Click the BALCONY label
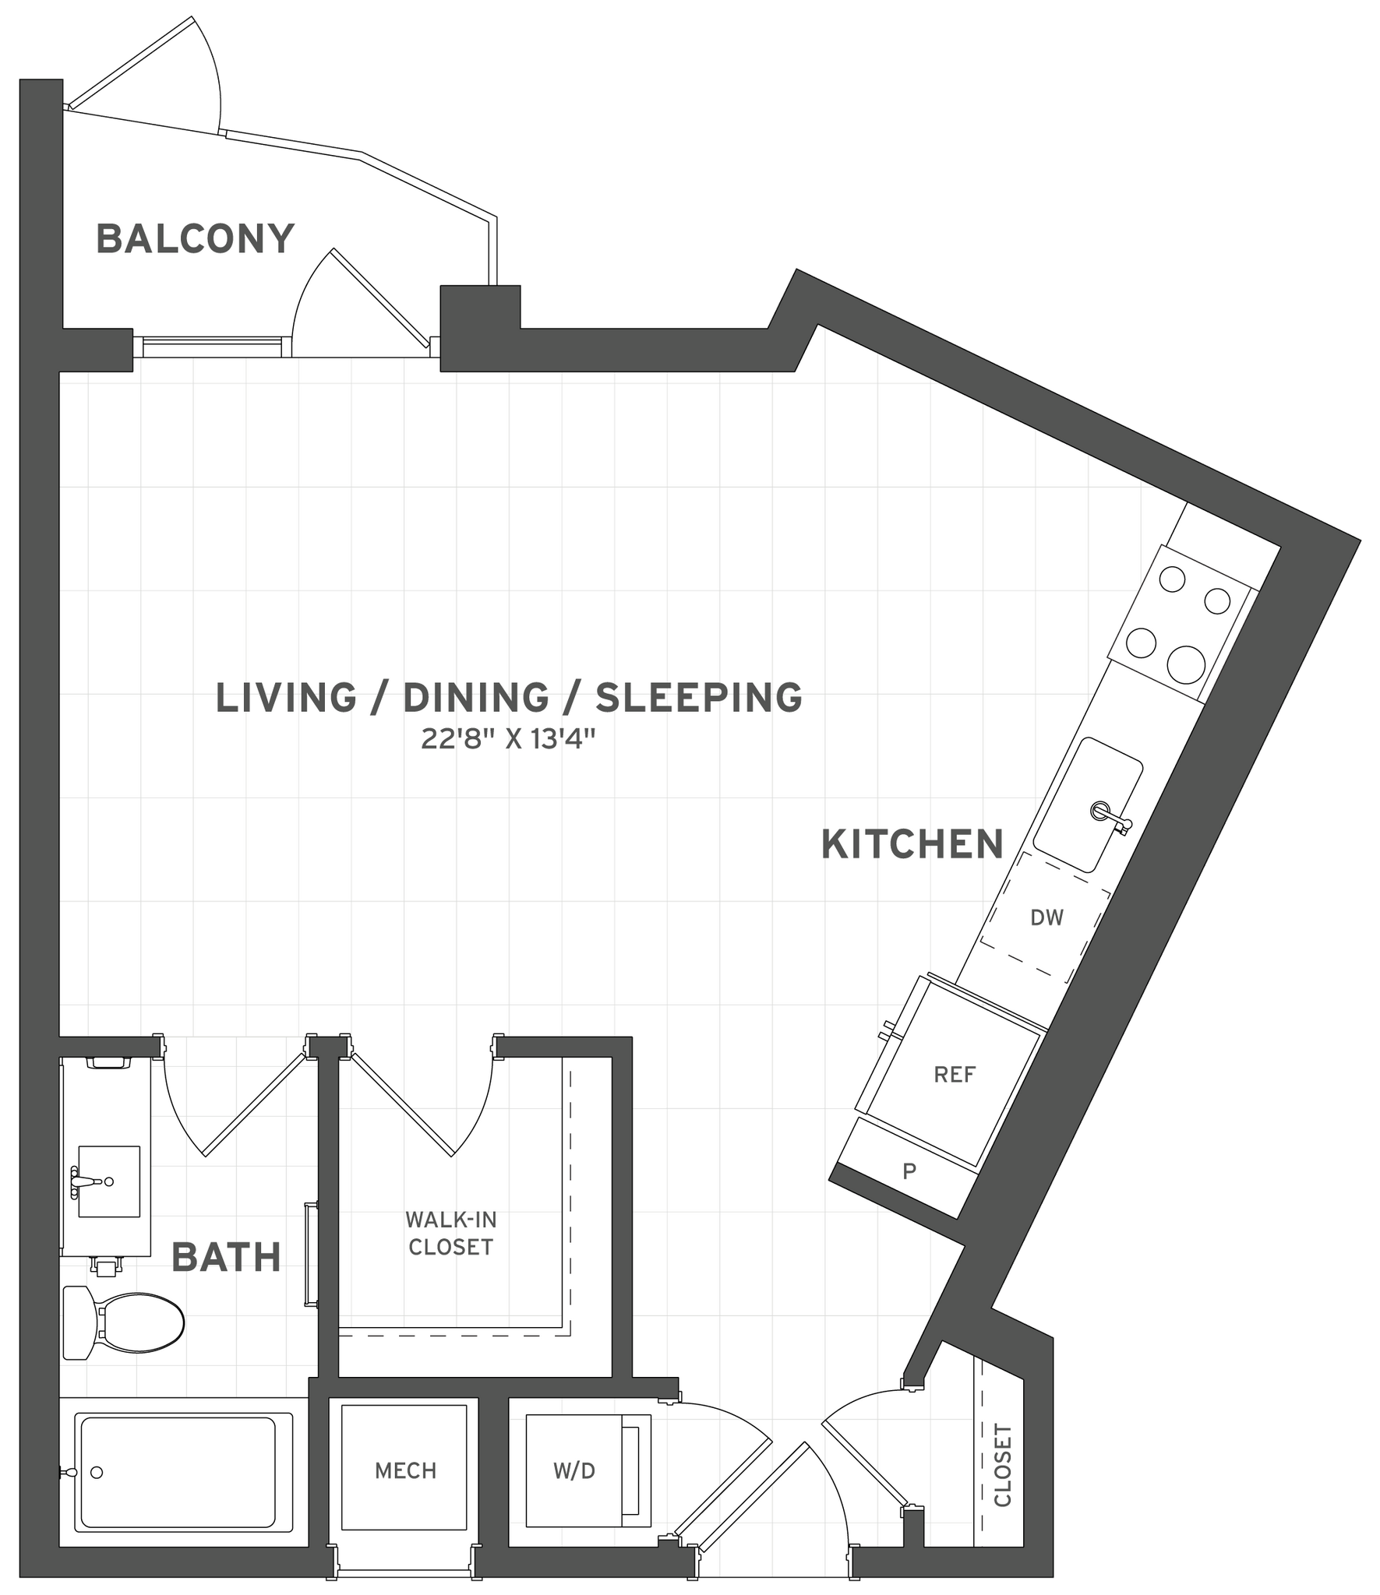click(x=195, y=238)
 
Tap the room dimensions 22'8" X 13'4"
click(x=508, y=739)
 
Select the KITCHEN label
click(x=912, y=845)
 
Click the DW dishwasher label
click(x=1046, y=917)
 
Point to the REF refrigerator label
click(x=954, y=1075)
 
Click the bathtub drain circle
click(x=97, y=1472)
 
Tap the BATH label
click(x=226, y=1258)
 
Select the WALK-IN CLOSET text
click(x=451, y=1233)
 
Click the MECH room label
click(x=405, y=1470)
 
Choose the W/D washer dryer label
click(x=574, y=1470)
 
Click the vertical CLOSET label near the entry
click(x=1003, y=1466)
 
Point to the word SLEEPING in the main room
click(x=699, y=697)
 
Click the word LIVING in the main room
click(x=286, y=697)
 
